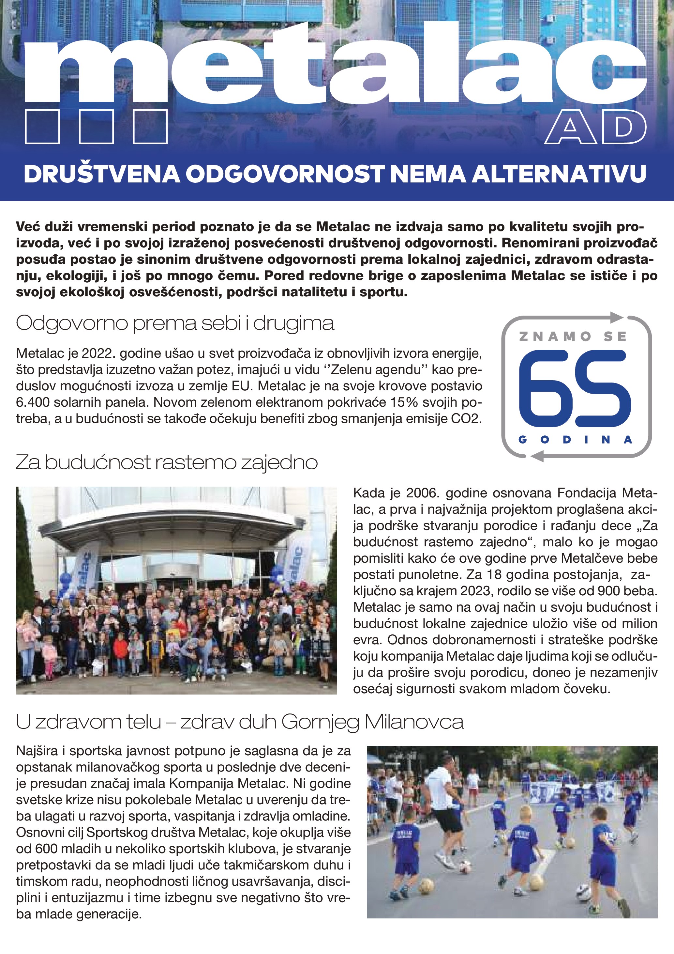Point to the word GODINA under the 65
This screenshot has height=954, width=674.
[x=575, y=440]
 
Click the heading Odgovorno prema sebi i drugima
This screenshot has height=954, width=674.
[x=175, y=323]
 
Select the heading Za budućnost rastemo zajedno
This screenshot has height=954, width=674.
[x=166, y=462]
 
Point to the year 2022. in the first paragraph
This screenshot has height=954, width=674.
[x=97, y=353]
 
